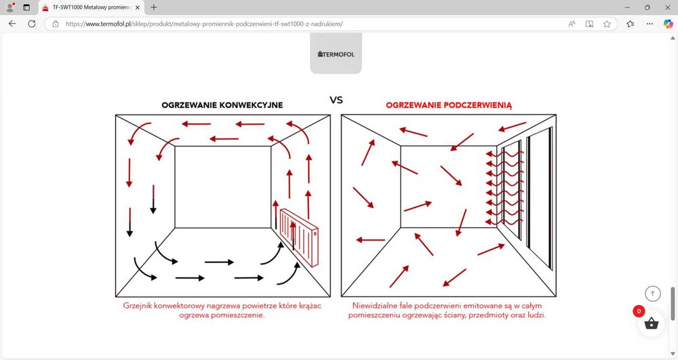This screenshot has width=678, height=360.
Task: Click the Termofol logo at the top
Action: coord(336,54)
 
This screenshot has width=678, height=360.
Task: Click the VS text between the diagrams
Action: coord(336,100)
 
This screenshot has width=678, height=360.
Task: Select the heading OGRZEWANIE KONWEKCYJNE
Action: coord(222,105)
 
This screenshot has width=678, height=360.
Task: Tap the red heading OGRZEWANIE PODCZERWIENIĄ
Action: coord(449,105)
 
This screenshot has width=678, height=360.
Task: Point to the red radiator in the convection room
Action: coord(299,237)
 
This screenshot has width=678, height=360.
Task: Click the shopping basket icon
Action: coord(651,323)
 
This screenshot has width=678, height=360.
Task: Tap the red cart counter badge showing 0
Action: coord(639,311)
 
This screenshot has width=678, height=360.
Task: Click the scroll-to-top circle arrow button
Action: coord(652,294)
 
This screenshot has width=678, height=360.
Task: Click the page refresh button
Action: coord(32,24)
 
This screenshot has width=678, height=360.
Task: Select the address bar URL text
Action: coord(204,24)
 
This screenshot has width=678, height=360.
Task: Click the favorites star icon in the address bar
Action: coord(607,24)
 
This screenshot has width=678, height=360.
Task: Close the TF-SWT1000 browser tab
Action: coord(138,7)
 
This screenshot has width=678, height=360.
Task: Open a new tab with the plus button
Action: coord(153,7)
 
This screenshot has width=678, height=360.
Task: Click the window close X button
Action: coord(668,7)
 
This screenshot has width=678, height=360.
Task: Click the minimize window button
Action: coord(627,7)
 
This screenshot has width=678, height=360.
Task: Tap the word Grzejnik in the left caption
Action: coord(137,306)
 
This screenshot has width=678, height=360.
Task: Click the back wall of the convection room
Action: coord(222,186)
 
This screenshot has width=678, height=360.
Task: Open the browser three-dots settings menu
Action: coord(650,24)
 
